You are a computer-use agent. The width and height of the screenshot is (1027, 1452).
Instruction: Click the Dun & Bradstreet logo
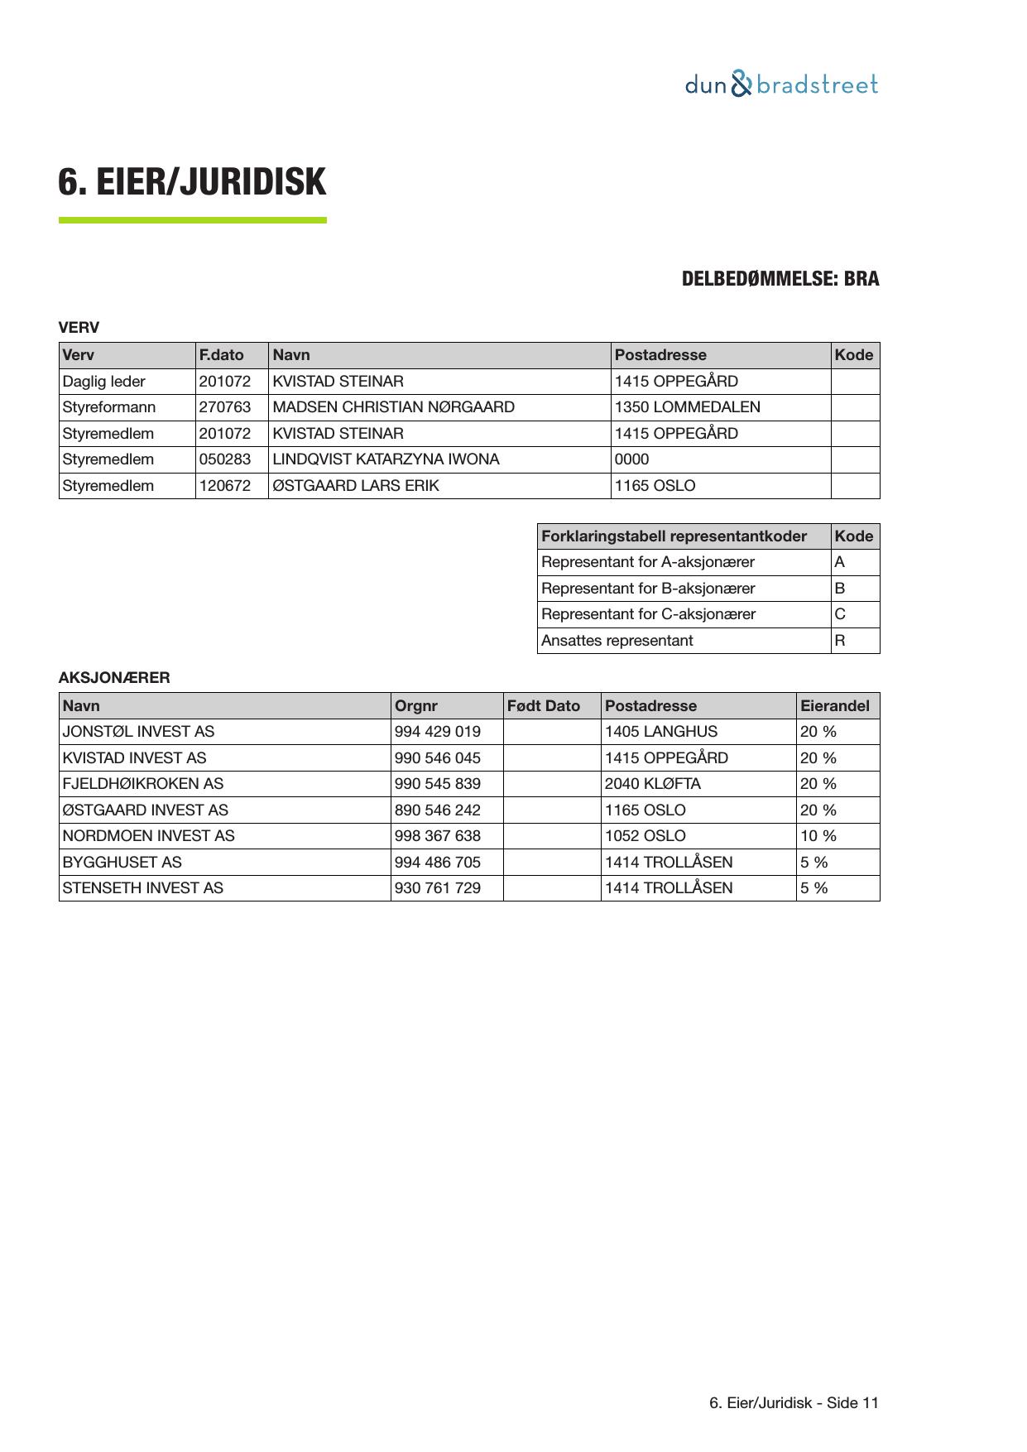tap(781, 84)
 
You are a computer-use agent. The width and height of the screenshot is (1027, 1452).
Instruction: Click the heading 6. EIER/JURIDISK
tap(192, 182)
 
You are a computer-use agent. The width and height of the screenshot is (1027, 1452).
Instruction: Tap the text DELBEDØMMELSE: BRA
tap(780, 279)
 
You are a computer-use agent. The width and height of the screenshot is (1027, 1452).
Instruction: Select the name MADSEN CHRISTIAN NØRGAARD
tap(393, 407)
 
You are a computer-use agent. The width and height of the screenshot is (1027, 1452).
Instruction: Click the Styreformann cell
tap(108, 407)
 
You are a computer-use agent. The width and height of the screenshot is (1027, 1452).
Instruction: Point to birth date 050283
tap(224, 459)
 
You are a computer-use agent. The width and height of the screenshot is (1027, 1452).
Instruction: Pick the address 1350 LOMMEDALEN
tap(687, 407)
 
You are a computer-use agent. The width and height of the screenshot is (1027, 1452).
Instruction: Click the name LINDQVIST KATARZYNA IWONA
tap(386, 459)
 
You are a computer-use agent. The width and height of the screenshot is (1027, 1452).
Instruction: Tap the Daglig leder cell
tap(103, 382)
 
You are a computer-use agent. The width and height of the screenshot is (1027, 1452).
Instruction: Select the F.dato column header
tap(221, 355)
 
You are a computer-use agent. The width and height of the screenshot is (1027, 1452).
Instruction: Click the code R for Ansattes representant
tap(840, 641)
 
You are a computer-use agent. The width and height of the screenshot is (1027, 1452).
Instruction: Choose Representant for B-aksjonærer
tap(648, 589)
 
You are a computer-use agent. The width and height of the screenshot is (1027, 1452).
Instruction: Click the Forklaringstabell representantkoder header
tap(674, 536)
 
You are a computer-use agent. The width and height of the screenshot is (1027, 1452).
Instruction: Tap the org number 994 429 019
tap(437, 732)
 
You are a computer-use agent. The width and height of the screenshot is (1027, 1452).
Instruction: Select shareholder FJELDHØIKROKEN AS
tap(142, 784)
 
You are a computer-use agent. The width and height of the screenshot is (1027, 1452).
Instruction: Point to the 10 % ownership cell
tap(818, 836)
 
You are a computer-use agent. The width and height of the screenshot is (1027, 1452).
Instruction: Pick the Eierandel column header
tap(834, 706)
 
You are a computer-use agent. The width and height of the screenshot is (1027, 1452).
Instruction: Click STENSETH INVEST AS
tap(142, 888)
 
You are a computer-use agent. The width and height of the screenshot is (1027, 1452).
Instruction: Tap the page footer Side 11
tap(794, 1403)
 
